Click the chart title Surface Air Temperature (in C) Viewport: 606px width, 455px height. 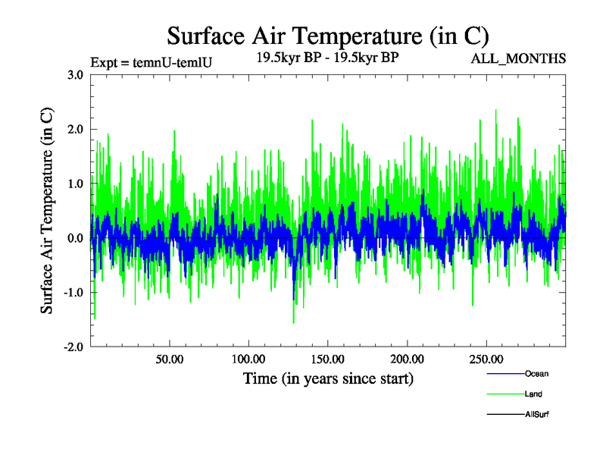(327, 36)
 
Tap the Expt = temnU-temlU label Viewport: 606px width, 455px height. (150, 62)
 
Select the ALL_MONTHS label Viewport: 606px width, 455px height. (518, 58)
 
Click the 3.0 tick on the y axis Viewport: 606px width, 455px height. (75, 75)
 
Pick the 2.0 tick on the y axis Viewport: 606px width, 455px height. (75, 130)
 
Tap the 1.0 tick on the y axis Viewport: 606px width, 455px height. (75, 184)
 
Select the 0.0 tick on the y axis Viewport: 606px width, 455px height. (75, 238)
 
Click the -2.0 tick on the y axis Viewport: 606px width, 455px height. (73, 347)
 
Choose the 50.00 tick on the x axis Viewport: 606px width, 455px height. (169, 359)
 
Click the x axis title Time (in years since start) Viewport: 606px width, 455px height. (327, 378)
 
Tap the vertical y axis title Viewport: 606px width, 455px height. (47, 211)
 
